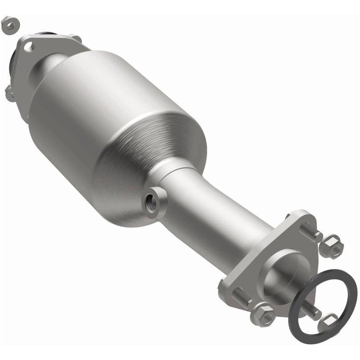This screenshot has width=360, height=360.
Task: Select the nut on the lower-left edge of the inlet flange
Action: click(x=9, y=93)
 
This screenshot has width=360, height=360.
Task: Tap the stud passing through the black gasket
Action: click(x=310, y=309)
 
